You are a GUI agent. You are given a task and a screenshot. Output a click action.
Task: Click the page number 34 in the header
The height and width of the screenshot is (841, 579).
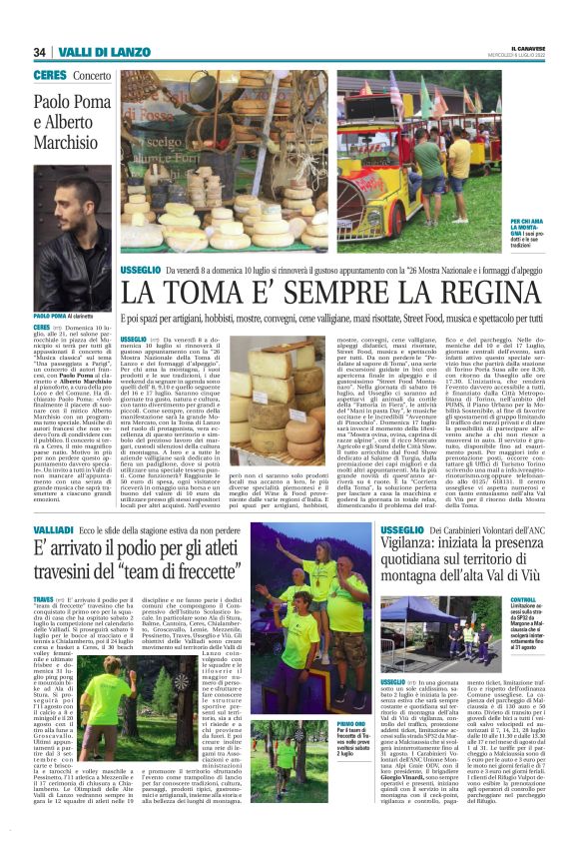point(39,52)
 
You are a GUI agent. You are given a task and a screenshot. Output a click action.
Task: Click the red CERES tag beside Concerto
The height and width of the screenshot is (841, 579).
point(49,75)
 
